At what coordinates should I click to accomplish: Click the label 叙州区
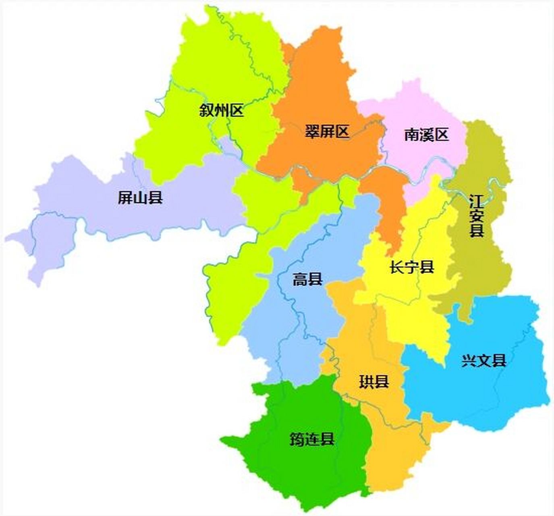click(222, 110)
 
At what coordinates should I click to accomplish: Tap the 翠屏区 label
click(327, 131)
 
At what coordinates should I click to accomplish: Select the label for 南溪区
click(426, 135)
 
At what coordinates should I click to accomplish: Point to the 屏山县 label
click(140, 198)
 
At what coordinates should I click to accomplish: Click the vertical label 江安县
click(476, 216)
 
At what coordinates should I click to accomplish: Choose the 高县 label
click(307, 279)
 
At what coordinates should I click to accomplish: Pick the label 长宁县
click(412, 267)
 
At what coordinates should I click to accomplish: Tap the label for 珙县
click(374, 382)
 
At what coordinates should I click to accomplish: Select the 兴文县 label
click(483, 361)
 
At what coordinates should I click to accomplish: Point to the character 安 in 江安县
click(476, 216)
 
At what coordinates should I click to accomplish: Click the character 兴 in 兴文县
click(469, 361)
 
